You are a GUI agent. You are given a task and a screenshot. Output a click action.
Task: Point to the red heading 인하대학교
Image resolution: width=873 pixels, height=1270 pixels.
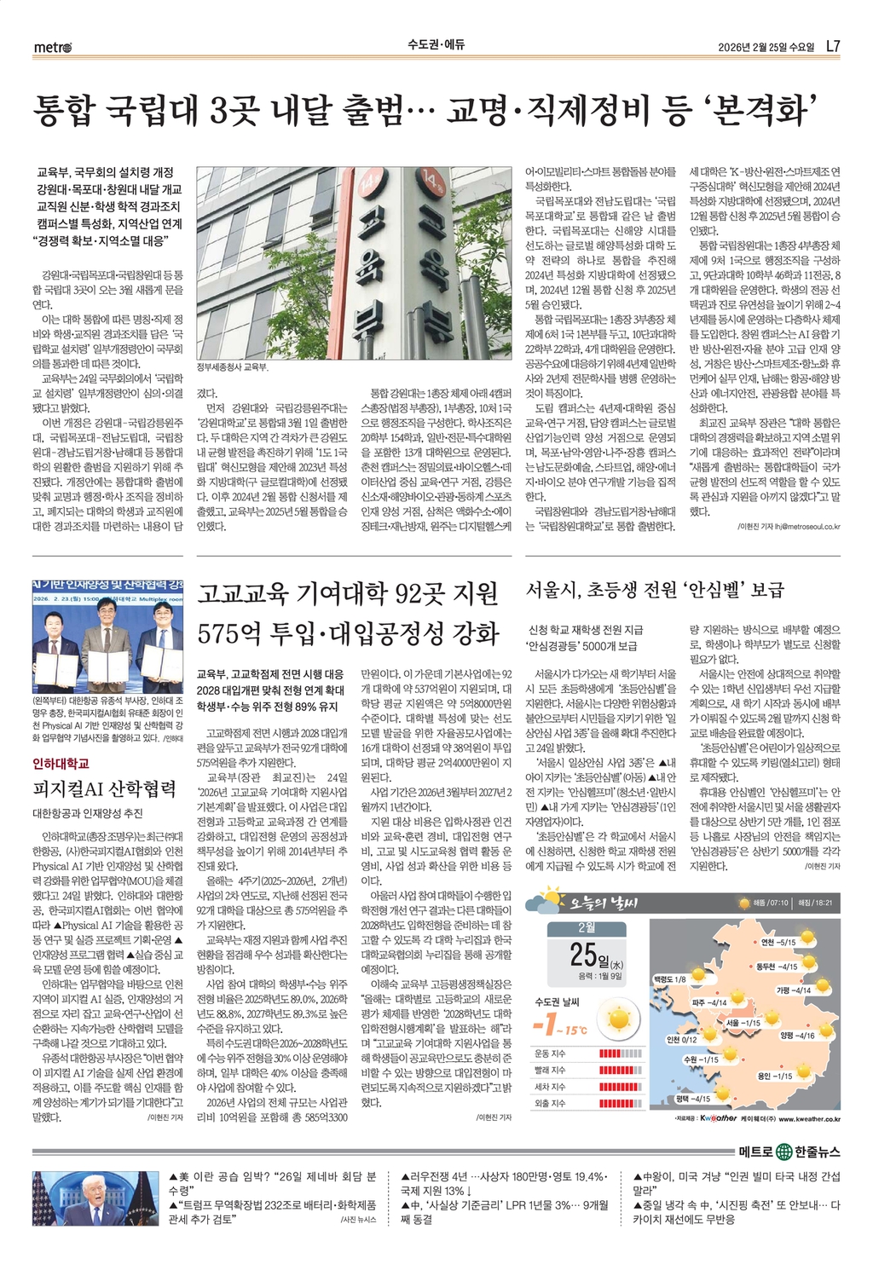61,763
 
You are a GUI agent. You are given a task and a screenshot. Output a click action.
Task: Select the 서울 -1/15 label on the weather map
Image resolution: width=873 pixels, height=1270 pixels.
743,1022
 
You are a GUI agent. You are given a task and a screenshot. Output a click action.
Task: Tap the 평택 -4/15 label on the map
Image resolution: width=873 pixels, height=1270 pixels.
693,1099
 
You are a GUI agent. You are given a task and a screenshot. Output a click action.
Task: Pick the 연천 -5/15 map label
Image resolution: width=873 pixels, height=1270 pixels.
778,942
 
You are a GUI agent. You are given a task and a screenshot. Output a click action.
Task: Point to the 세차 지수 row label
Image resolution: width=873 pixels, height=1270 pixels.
550,1087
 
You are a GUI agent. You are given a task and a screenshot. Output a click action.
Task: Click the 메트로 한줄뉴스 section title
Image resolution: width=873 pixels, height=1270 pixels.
789,1152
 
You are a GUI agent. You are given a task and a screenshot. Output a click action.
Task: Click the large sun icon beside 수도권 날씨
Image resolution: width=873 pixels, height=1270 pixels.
619,1019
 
